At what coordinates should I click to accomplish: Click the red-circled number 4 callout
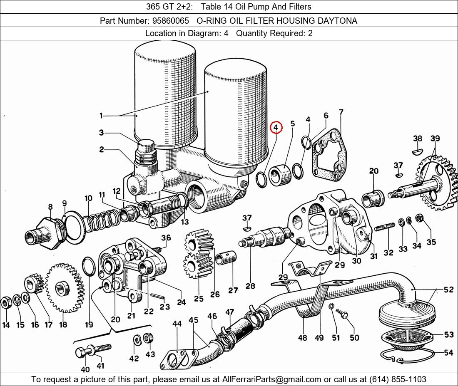coord(276,128)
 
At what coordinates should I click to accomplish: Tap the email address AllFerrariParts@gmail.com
coord(272,379)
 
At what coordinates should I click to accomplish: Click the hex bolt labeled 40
coord(82,353)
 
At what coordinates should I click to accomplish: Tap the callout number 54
coord(448,353)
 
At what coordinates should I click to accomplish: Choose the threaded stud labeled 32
coord(384,228)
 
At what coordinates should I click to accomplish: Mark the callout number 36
coord(166,238)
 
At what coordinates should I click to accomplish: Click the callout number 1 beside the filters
coord(101,116)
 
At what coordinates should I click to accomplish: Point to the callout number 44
coord(177,324)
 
